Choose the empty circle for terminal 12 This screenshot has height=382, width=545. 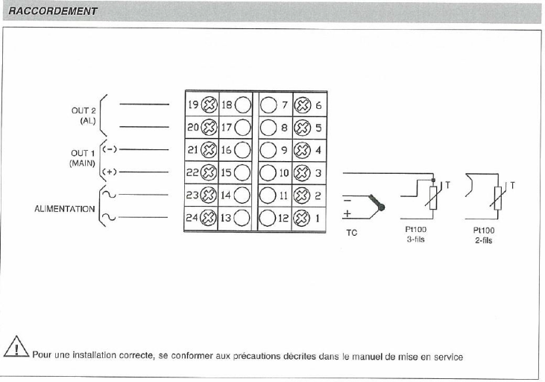tap(268, 219)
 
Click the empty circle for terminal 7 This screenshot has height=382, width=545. tap(268, 105)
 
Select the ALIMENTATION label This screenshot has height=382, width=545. tap(65, 208)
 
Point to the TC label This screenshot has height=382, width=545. tap(351, 233)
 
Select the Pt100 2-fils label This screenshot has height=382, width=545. tap(483, 236)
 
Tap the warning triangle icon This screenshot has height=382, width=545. tap(16, 349)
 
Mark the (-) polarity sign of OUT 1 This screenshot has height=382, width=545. tap(108, 148)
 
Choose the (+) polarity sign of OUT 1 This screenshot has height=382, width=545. tap(108, 172)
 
